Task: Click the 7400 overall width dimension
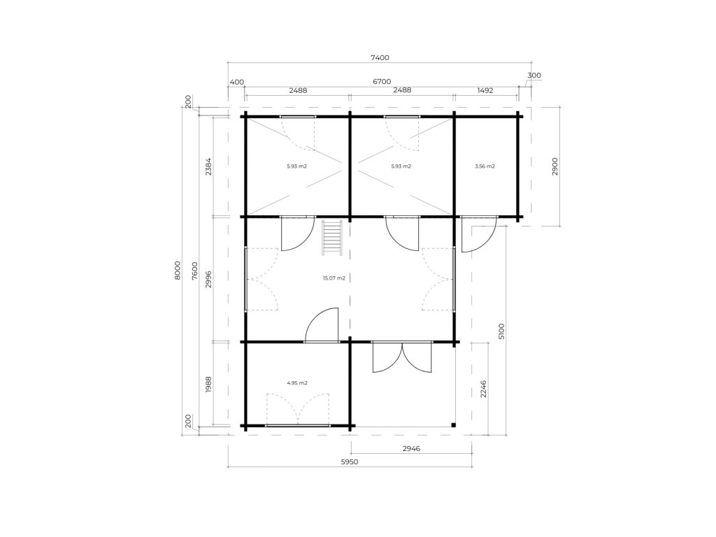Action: (380, 57)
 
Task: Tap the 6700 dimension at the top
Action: (382, 81)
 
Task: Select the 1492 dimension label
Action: (485, 90)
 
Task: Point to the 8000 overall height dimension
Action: (178, 271)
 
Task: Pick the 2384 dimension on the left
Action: (208, 166)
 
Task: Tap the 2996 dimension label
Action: (208, 279)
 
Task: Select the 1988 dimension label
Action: (208, 384)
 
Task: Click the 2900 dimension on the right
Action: (554, 166)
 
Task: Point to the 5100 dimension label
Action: (501, 331)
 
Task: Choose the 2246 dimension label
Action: (483, 389)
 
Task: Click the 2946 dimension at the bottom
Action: (411, 448)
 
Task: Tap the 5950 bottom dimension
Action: (350, 461)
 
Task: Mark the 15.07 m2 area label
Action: (334, 278)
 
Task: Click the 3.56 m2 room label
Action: (485, 166)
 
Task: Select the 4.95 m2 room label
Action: (296, 382)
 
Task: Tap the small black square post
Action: (453, 425)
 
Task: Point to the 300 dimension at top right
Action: (534, 76)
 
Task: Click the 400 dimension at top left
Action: (237, 83)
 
